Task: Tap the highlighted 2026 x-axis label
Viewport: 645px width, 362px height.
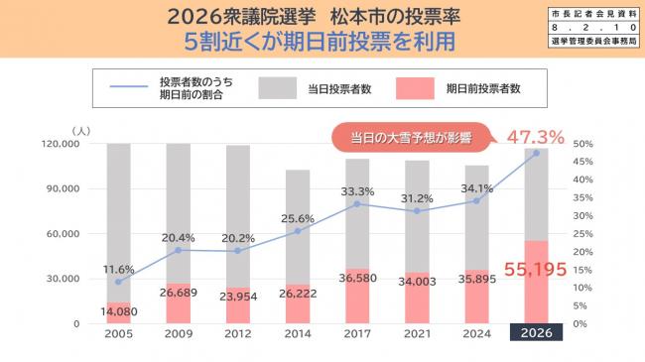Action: coord(536,333)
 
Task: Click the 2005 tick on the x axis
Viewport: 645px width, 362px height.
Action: coord(119,333)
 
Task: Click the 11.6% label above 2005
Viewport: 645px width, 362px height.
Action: coord(118,269)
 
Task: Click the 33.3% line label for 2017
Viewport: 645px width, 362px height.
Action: coord(357,191)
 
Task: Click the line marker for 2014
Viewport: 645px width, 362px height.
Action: coord(298,231)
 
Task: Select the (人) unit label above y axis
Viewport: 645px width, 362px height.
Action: coord(81,129)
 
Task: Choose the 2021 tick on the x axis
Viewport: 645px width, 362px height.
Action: coord(417,333)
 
